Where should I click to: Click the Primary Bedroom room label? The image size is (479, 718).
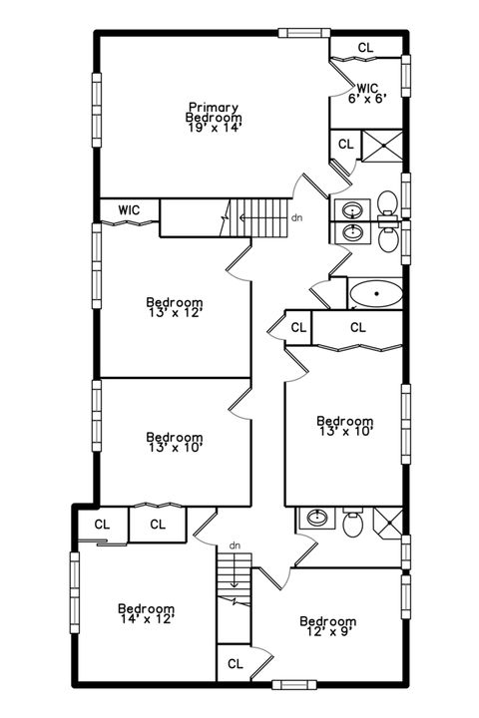[x=216, y=111]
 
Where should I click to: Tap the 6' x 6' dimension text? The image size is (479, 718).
[x=366, y=99]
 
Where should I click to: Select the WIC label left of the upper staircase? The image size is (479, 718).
[x=128, y=210]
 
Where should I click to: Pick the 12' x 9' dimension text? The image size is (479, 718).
[x=328, y=632]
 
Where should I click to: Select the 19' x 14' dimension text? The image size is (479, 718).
[x=215, y=127]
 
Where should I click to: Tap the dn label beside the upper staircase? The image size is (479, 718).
[x=296, y=217]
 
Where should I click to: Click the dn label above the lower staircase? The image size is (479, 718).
[x=236, y=545]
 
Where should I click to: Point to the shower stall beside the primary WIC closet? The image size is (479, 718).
[x=381, y=146]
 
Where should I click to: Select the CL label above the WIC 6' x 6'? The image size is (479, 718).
[x=365, y=47]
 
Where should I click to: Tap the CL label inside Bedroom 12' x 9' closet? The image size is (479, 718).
[x=235, y=663]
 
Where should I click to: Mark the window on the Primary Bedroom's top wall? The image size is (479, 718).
[x=302, y=33]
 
